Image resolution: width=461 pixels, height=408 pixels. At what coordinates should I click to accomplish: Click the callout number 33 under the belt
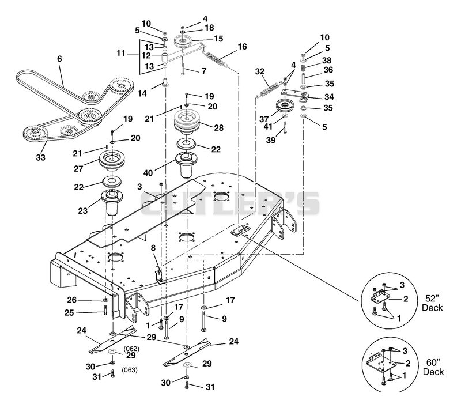point(40,158)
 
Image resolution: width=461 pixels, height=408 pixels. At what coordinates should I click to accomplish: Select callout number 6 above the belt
point(60,59)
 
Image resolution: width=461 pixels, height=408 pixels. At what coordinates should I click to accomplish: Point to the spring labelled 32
point(268,89)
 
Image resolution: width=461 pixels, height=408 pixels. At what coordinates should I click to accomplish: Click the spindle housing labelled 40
point(186,165)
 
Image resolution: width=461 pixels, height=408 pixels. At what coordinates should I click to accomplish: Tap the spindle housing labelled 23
point(112,202)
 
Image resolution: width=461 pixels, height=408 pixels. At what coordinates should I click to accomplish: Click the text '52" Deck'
point(432,303)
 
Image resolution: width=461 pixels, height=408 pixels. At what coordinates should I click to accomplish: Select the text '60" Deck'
point(433,367)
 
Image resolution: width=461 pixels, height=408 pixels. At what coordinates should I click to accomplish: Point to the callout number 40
point(148,173)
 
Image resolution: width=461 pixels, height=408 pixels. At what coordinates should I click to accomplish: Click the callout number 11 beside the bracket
point(121,53)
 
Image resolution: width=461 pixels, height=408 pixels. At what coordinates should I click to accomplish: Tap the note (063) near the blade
point(130,370)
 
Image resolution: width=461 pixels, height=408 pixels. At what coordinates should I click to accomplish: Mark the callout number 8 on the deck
point(153,248)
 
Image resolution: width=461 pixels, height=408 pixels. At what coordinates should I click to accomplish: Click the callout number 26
point(71,300)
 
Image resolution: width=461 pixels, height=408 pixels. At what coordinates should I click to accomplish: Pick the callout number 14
point(142,93)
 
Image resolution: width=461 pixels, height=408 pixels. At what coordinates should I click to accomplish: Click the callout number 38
point(327,61)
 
